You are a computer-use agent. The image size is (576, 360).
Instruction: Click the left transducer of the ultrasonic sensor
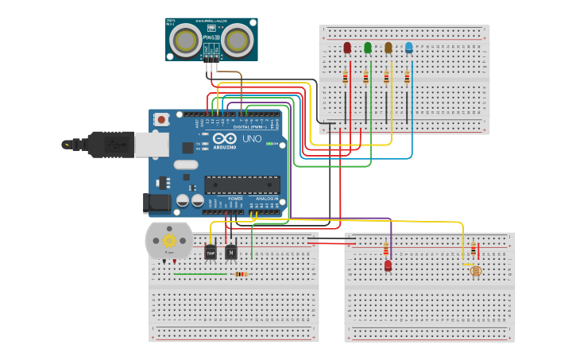pos(187,39)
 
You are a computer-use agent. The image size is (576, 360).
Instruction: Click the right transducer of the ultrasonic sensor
pos(237,39)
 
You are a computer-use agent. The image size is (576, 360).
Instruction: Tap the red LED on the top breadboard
pos(346,48)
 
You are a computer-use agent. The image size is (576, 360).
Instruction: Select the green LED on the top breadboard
pos(367,48)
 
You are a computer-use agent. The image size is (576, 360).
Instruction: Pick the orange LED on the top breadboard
pos(388,48)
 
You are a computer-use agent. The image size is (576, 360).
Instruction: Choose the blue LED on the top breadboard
pos(408,48)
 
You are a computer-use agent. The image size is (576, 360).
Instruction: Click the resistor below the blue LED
pos(407,77)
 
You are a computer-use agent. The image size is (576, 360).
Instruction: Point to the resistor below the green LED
pos(365,77)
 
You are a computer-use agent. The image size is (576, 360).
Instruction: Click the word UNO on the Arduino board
pos(251,138)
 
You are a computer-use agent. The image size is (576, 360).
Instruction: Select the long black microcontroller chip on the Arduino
pos(242,185)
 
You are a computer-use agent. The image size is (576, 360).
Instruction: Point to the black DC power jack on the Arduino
pos(157,203)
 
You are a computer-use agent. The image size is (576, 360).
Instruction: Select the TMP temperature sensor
pos(211,252)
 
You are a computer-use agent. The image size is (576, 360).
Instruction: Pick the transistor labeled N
pos(230,252)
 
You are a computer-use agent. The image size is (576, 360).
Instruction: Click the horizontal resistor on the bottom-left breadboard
pos(241,274)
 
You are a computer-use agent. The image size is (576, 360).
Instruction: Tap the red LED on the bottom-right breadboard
pos(388,265)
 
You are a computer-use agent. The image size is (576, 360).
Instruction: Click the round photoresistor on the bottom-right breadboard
pos(475,271)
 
